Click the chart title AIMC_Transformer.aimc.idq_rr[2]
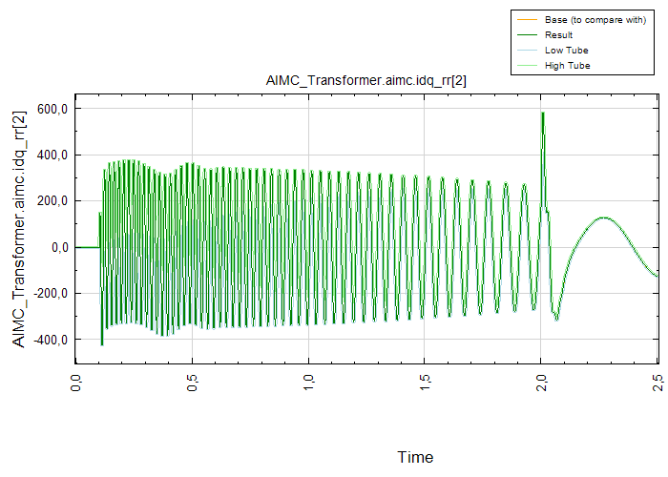[x=365, y=82]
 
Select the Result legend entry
[x=558, y=34]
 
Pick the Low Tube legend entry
[x=565, y=50]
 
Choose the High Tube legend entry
[x=567, y=65]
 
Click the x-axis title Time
[x=415, y=457]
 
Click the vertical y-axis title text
[x=19, y=229]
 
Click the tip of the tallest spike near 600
[x=543, y=113]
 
